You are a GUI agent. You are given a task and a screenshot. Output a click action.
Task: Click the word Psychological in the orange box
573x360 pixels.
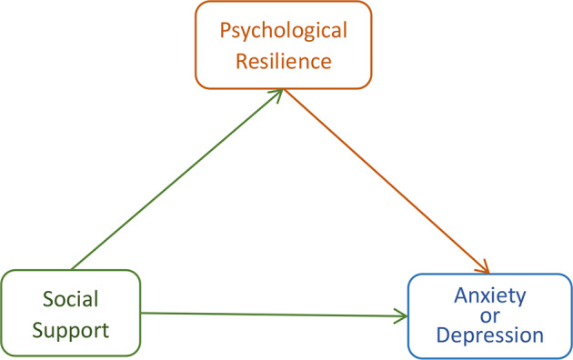point(284,31)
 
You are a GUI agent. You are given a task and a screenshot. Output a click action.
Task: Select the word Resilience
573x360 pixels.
point(284,62)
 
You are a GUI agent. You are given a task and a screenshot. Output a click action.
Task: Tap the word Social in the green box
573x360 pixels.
point(70,299)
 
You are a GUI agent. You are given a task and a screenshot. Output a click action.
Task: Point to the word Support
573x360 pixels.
point(70,329)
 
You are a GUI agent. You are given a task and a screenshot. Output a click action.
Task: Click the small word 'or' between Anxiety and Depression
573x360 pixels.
point(490,315)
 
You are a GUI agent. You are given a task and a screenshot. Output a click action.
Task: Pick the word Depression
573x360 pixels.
point(490,335)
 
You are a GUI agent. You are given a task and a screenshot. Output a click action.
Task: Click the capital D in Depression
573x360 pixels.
point(443,335)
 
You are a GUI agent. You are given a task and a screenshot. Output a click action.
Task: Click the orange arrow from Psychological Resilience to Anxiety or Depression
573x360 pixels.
point(387,181)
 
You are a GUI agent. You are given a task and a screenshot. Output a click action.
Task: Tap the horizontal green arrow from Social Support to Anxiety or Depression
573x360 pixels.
point(273,315)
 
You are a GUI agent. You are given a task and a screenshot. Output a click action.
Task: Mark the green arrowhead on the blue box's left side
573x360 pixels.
point(402,316)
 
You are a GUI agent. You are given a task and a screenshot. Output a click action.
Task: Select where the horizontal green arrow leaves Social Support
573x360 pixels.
point(143,313)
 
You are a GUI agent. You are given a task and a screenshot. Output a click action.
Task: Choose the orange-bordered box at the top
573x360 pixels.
point(284,45)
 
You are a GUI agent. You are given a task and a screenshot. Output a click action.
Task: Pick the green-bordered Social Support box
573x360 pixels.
point(70,312)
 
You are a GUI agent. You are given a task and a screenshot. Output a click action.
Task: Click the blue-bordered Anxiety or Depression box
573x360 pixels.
point(490,314)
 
